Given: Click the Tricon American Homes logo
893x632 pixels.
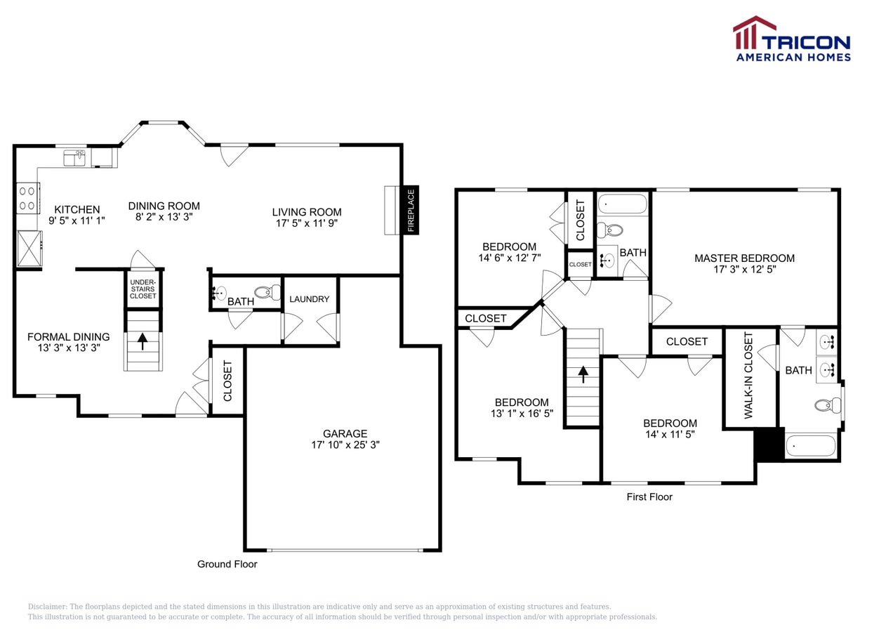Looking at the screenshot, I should click(792, 39).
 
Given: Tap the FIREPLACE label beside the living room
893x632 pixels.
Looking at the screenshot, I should click(411, 209).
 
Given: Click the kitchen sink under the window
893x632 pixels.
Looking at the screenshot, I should click(74, 158).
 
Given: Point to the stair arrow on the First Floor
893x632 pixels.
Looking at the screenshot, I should click(583, 374).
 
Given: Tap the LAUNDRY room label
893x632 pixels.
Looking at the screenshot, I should click(310, 299).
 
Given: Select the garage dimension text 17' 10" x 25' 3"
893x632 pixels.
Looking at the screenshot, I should click(345, 445).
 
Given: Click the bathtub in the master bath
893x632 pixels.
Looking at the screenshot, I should click(811, 445).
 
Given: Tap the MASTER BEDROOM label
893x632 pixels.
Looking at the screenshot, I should click(744, 258).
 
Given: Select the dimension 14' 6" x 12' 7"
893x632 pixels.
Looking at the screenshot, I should click(509, 258).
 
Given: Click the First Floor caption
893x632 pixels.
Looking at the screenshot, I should click(649, 496).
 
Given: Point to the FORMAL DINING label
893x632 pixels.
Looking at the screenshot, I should click(69, 336).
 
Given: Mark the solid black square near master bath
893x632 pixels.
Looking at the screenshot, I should click(768, 445).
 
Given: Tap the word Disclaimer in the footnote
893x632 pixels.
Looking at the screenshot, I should click(46, 606).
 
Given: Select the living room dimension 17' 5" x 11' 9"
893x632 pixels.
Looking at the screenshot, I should click(307, 223).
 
